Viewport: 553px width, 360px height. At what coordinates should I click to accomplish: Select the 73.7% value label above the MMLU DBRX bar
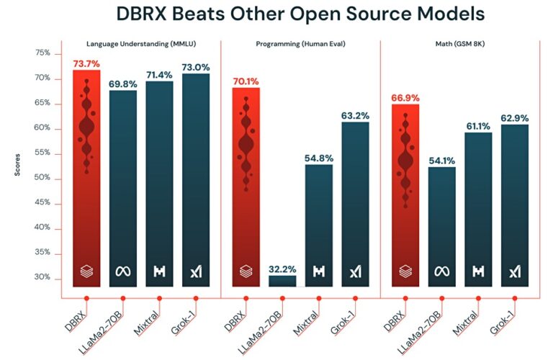pyautogui.click(x=86, y=64)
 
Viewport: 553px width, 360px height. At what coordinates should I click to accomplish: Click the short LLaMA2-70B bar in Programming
pyautogui.click(x=282, y=281)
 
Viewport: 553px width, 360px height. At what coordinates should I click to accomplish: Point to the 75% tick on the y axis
pyautogui.click(x=42, y=53)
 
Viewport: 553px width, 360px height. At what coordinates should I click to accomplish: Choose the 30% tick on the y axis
pyautogui.click(x=42, y=277)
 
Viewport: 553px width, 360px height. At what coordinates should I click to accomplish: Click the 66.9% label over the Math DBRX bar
pyautogui.click(x=405, y=98)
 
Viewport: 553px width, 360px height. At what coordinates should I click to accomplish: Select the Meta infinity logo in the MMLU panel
pyautogui.click(x=122, y=272)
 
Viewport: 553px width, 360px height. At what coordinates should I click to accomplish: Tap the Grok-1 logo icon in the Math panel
pyautogui.click(x=515, y=272)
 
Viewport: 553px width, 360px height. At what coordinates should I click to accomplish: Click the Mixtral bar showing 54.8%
pyautogui.click(x=319, y=223)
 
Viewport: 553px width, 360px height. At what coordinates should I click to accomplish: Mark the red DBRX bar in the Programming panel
pyautogui.click(x=246, y=187)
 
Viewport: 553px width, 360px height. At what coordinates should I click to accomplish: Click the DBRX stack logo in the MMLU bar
pyautogui.click(x=86, y=272)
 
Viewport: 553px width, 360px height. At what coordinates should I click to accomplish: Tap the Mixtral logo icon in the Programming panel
pyautogui.click(x=319, y=272)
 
